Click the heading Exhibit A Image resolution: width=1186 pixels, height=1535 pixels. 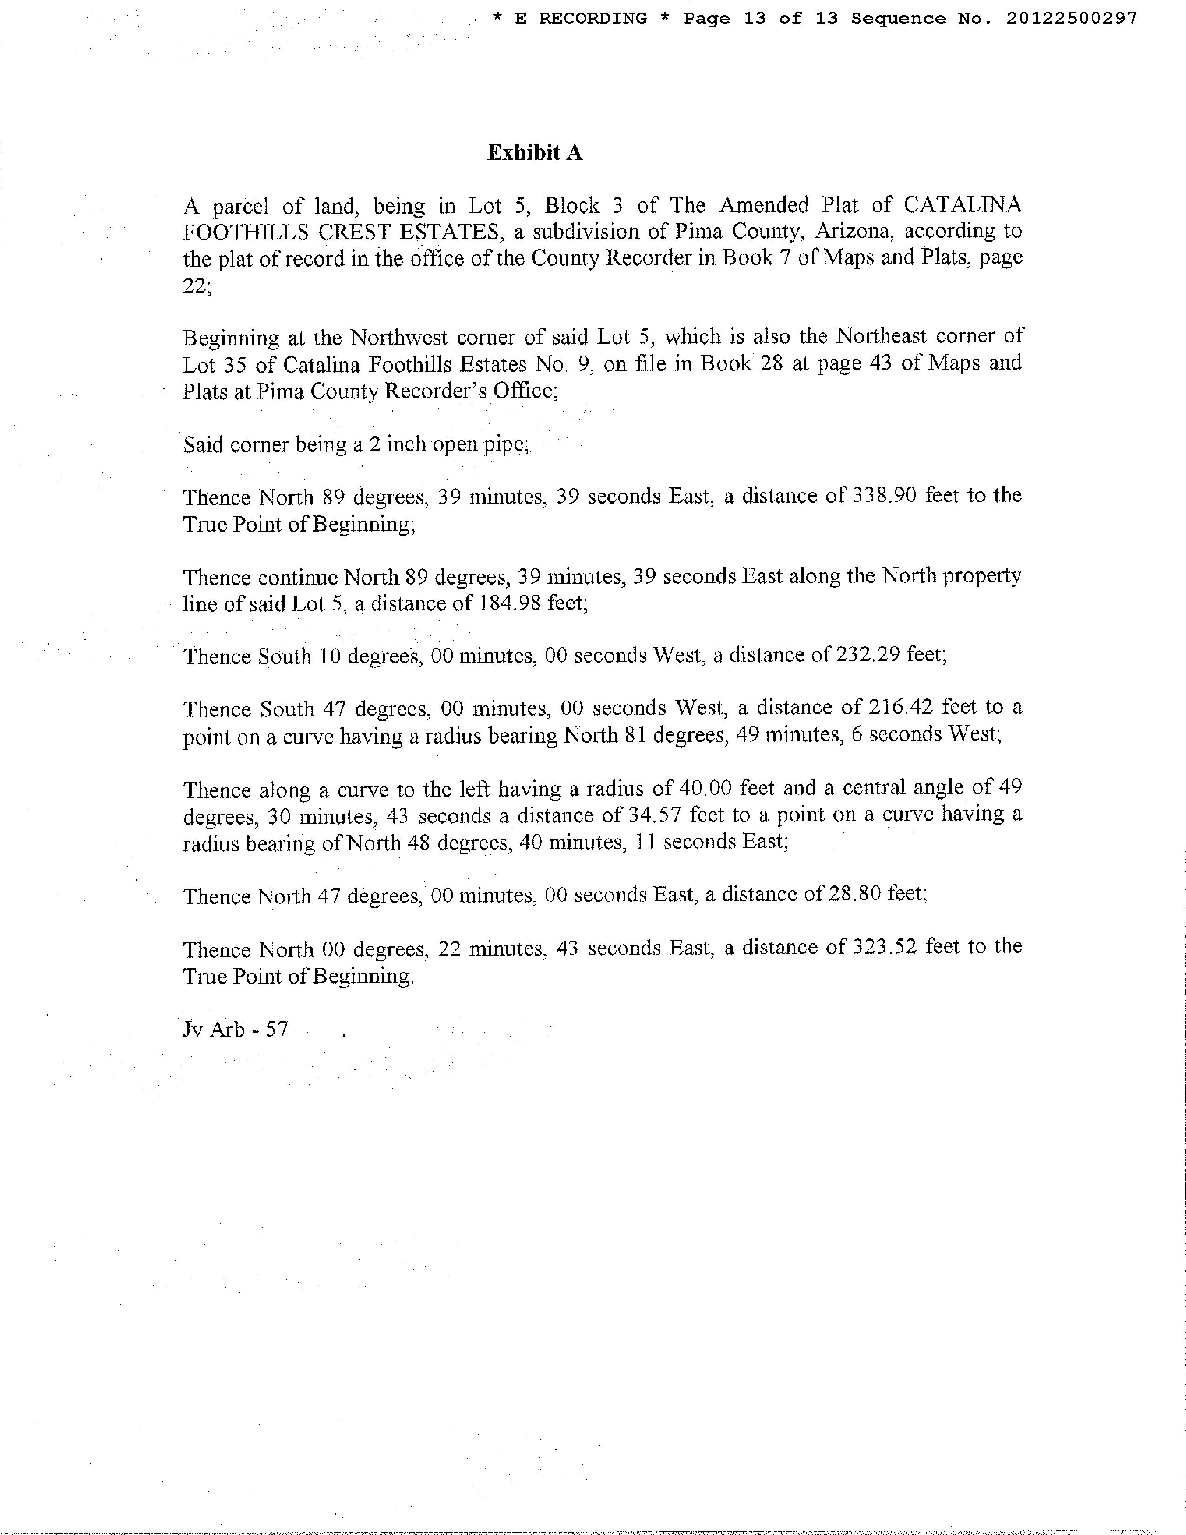(x=535, y=153)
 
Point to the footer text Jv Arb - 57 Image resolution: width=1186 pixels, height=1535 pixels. (x=235, y=1030)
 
